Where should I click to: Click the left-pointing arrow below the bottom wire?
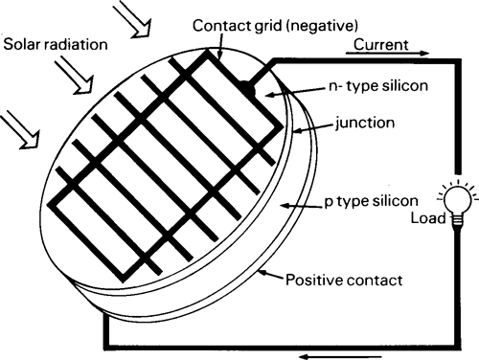pos(322,353)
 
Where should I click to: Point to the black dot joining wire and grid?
pos(247,88)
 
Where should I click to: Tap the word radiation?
pos(76,45)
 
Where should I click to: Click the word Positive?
pos(313,281)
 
